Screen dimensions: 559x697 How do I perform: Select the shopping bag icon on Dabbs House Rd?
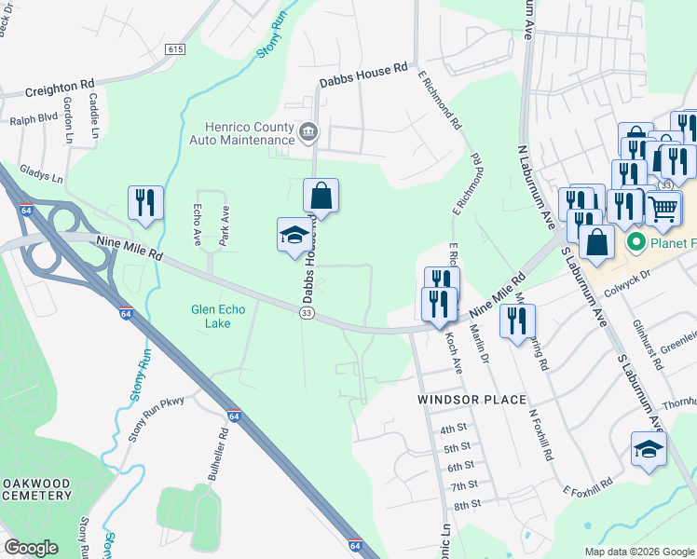pyautogui.click(x=321, y=196)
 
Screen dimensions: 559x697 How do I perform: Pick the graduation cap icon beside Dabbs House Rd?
pyautogui.click(x=294, y=234)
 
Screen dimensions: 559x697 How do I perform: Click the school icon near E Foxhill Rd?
pyautogui.click(x=649, y=450)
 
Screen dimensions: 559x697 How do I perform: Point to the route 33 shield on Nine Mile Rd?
pyautogui.click(x=306, y=314)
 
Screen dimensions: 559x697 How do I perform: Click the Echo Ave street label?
pyautogui.click(x=197, y=225)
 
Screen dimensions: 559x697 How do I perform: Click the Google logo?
pyautogui.click(x=31, y=548)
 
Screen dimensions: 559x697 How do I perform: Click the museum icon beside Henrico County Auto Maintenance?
pyautogui.click(x=308, y=131)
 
